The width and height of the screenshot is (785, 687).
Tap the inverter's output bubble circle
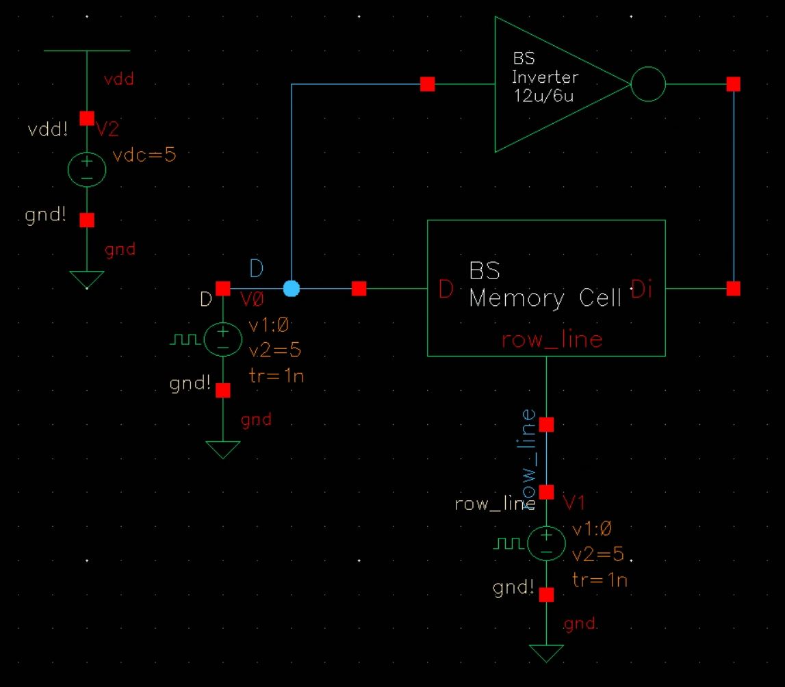coord(647,85)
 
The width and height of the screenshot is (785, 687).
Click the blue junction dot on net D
coord(292,288)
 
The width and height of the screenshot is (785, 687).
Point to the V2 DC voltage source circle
coord(87,169)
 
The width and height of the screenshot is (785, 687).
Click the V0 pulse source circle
coord(222,339)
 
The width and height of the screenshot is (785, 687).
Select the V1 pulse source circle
coord(546,543)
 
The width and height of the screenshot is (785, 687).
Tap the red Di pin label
coord(641,290)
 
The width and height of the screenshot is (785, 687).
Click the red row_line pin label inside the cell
coord(552,340)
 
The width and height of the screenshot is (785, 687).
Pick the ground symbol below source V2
coord(87,279)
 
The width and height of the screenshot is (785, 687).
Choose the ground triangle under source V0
coord(222,449)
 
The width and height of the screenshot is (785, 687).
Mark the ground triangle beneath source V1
coord(546,653)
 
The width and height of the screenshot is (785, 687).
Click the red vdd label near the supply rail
coord(118,79)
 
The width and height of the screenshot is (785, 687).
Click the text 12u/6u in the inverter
coord(542,96)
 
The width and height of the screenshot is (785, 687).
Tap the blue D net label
coord(256,269)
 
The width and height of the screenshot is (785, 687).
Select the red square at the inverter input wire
coord(427,84)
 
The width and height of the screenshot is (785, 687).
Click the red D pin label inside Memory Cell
coord(446,290)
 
